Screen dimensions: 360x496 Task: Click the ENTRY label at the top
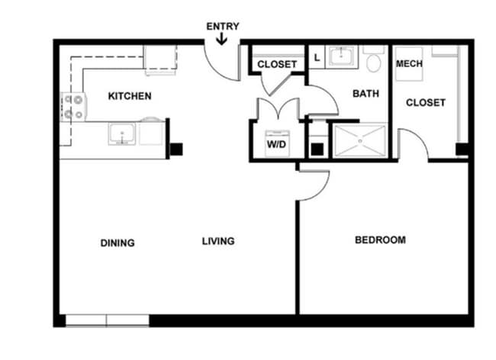click(223, 27)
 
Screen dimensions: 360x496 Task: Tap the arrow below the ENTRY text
click(221, 39)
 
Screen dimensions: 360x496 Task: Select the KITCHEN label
click(130, 96)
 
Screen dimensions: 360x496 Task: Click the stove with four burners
click(72, 108)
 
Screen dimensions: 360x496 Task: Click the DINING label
click(118, 243)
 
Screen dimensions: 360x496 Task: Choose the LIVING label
click(218, 241)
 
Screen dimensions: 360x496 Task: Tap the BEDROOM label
click(381, 240)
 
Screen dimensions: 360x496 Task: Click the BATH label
click(366, 94)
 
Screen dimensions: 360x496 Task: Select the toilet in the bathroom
click(374, 62)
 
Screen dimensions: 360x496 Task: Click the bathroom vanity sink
click(340, 56)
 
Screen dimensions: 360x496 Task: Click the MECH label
click(409, 64)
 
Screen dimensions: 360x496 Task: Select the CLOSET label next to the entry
click(276, 65)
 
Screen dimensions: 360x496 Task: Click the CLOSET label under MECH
click(425, 102)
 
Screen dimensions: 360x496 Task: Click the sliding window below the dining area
click(107, 320)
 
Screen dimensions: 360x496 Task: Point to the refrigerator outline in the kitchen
click(160, 59)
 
